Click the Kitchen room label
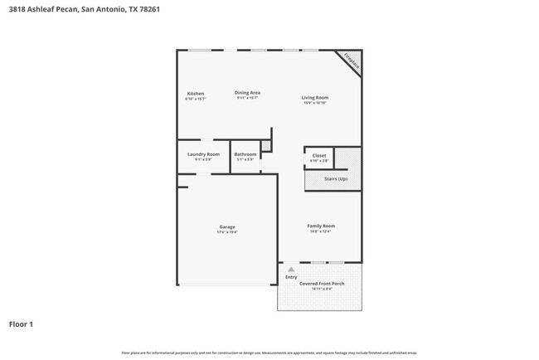point(195,93)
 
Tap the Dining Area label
point(248,92)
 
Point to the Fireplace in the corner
point(350,62)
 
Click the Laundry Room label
point(203,154)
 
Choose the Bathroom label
point(245,154)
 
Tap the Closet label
point(319,155)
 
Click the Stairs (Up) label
point(336,178)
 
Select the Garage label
point(227,226)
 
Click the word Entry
point(291,277)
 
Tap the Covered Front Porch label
point(322,283)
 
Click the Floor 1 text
point(22,324)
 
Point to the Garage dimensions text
point(227,232)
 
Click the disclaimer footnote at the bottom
point(269,353)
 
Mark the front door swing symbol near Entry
point(290,269)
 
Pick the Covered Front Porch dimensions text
point(322,289)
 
